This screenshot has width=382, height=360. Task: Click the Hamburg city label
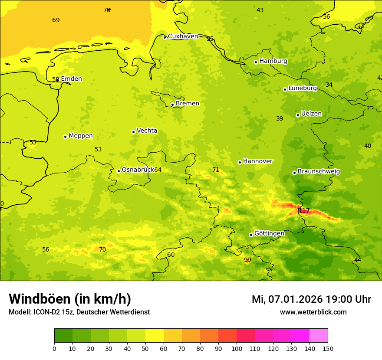click(273, 61)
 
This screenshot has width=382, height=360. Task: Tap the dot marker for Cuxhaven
click(165, 37)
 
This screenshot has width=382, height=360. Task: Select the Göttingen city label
click(269, 233)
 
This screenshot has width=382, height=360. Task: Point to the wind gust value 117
click(304, 211)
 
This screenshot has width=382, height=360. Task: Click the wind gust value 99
click(247, 260)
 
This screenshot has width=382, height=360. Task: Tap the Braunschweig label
click(319, 172)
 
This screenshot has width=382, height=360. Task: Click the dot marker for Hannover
click(240, 162)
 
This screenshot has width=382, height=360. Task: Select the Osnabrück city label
click(138, 170)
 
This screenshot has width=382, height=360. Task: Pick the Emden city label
click(71, 79)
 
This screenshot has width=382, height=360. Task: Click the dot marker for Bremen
click(172, 105)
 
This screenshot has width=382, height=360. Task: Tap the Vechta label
click(147, 131)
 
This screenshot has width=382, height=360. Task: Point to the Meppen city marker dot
click(65, 137)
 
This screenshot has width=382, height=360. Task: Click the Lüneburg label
click(302, 88)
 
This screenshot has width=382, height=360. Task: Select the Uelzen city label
click(311, 114)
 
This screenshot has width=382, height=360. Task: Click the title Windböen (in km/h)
click(70, 299)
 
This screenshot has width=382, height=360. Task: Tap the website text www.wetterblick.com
click(313, 312)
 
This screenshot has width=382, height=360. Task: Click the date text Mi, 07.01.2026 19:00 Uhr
click(311, 299)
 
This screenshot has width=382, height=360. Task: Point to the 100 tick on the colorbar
click(237, 348)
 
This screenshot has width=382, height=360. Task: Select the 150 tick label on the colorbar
click(328, 348)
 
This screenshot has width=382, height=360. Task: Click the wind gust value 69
click(56, 20)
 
